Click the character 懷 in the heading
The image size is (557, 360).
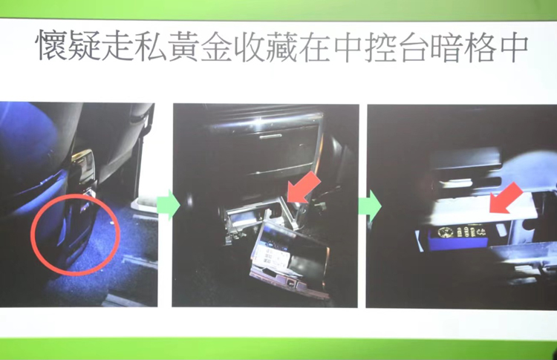[x=51, y=47]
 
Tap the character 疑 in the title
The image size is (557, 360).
[x=84, y=47]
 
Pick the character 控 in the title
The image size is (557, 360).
[x=380, y=47]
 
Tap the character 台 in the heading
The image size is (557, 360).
[x=413, y=47]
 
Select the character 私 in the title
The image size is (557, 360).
[x=149, y=47]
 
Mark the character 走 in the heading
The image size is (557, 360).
[x=117, y=47]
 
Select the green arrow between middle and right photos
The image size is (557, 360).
[x=369, y=206]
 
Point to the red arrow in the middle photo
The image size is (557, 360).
[x=303, y=188]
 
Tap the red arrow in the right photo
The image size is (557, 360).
[x=506, y=198]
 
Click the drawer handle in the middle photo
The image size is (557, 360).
[x=270, y=136]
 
